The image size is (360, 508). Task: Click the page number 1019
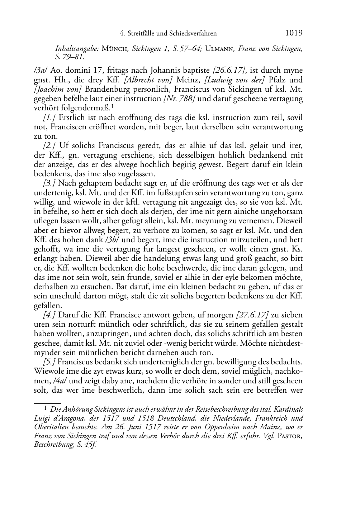coord(294,33)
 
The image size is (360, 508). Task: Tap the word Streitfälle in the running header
coord(141,34)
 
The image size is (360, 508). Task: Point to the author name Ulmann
coord(219,49)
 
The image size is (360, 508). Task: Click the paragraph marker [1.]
coord(49,118)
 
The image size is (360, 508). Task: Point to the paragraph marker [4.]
coord(49,315)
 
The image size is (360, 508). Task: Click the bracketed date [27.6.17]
coord(252,315)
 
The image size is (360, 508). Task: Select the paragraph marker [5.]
coord(49,362)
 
